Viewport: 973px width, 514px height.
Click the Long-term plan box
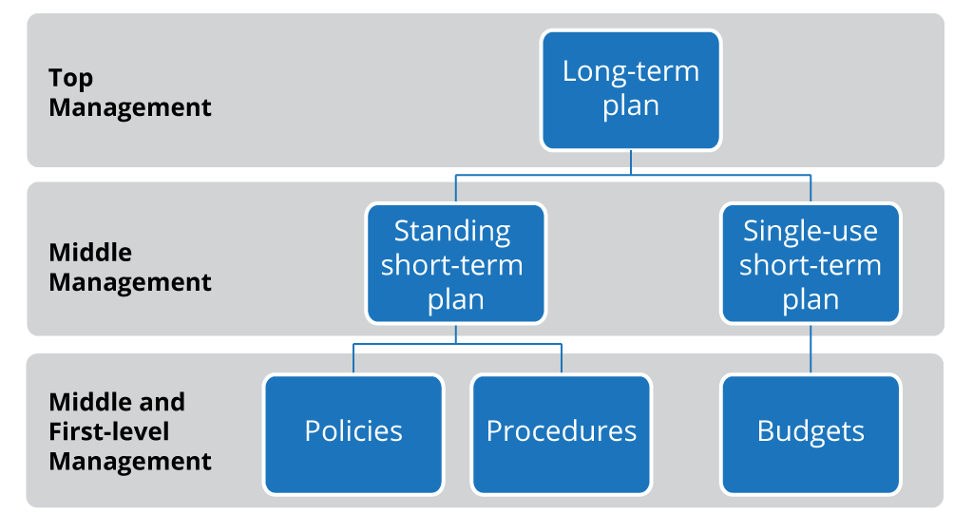coord(631,89)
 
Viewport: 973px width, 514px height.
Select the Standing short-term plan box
coord(456,264)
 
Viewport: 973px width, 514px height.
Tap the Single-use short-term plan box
coord(811,264)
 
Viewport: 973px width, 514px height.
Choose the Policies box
coord(353,432)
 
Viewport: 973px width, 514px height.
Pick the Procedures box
coord(562,432)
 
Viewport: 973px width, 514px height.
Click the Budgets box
coord(811,432)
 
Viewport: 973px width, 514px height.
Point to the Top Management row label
coord(129,92)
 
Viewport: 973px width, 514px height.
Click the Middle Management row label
coord(129,267)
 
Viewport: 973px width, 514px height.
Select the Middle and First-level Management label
coord(129,431)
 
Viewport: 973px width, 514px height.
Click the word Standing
coord(452,231)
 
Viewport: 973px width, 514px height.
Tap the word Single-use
coord(811,231)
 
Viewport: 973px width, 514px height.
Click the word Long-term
coord(631,71)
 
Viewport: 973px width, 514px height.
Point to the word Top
coord(71,77)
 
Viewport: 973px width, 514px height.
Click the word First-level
coord(109,431)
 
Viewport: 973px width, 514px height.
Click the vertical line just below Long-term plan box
coord(631,162)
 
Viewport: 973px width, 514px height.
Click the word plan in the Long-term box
coord(631,105)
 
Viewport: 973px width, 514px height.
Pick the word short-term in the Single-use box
coord(811,265)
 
